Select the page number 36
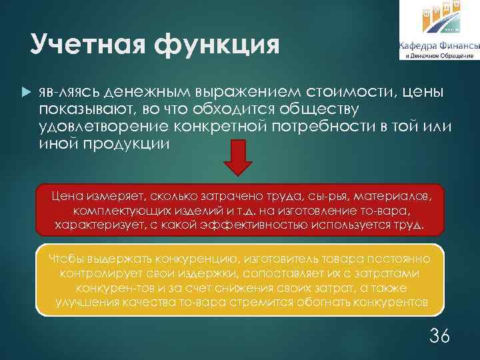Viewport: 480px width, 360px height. coord(439,335)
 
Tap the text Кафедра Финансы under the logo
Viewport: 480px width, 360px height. coord(438,45)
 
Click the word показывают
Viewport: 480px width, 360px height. coord(84,108)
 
